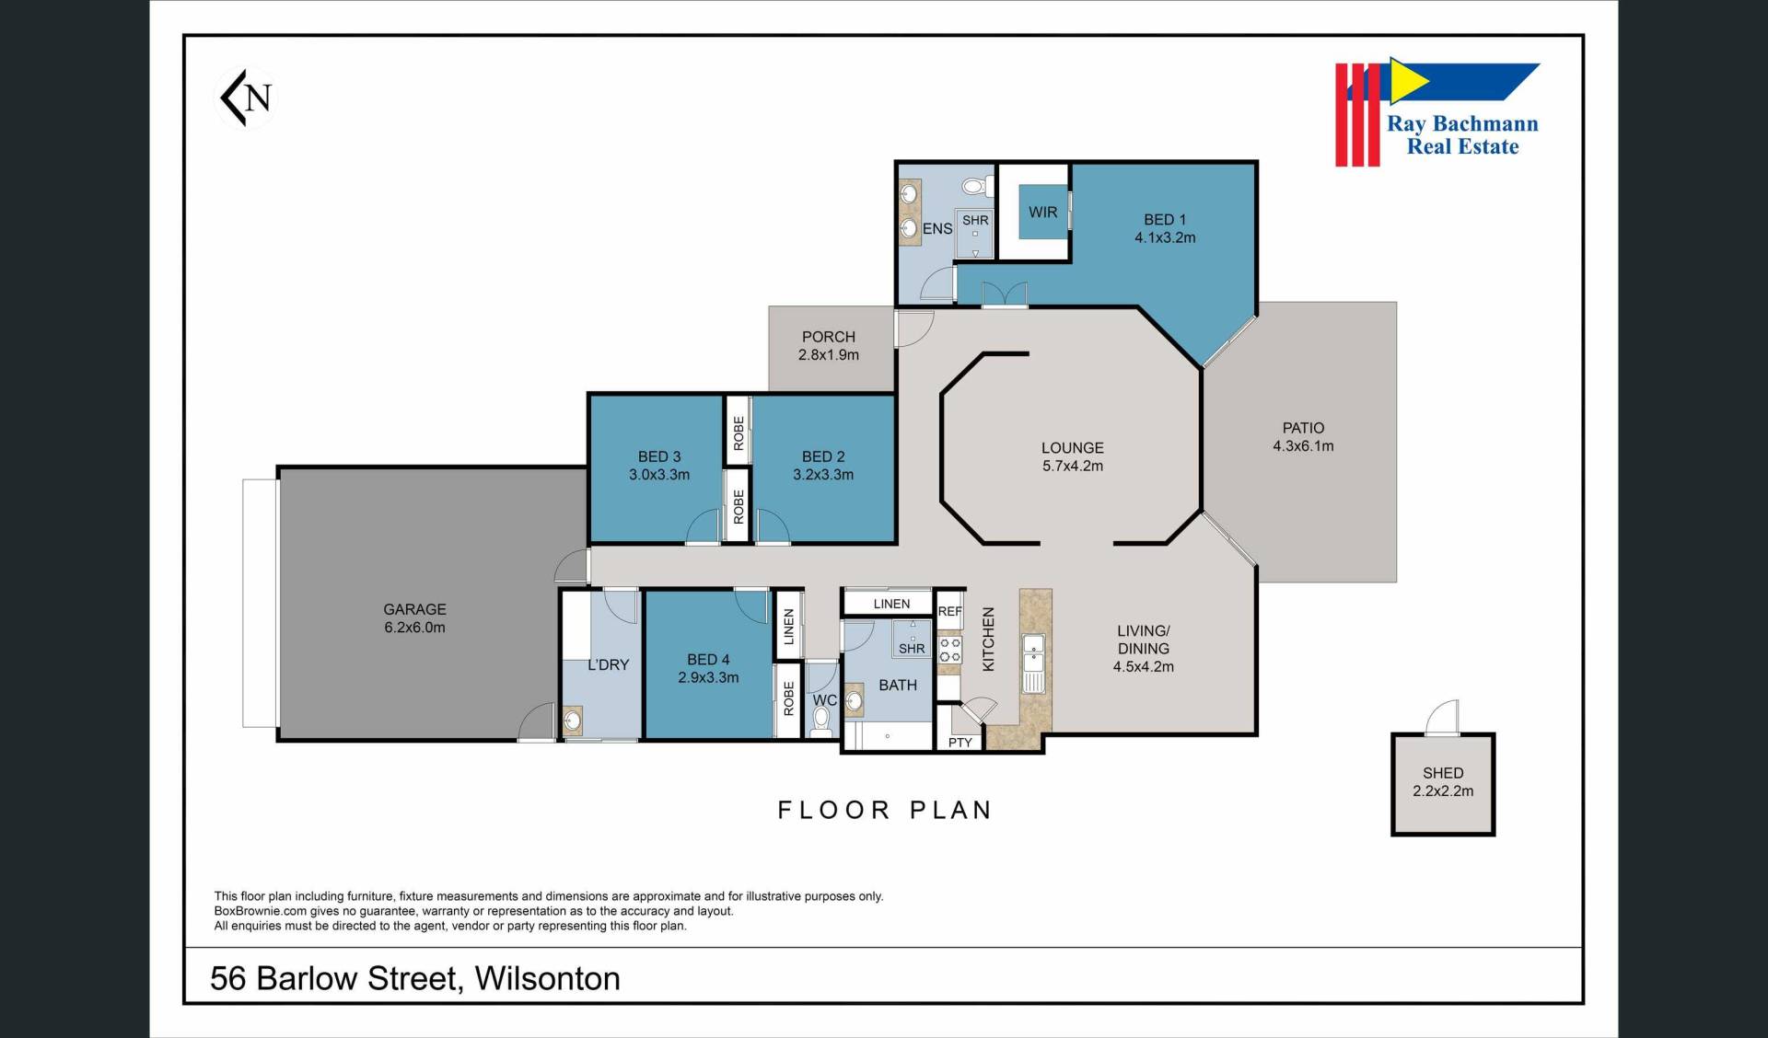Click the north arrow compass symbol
(246, 98)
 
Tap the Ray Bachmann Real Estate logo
(1437, 112)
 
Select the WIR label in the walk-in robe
(1042, 213)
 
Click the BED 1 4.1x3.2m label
(1165, 228)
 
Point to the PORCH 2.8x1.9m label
(829, 346)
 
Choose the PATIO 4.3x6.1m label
(1303, 437)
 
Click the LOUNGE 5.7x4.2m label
(1073, 456)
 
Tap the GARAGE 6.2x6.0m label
(414, 618)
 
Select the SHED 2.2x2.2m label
(1443, 782)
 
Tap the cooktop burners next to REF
(949, 650)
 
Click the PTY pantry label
(960, 742)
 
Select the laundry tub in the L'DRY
(573, 720)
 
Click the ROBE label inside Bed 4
(788, 698)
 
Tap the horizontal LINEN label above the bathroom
(891, 604)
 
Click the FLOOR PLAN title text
(885, 810)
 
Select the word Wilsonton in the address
(547, 978)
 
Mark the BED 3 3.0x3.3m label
(659, 466)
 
